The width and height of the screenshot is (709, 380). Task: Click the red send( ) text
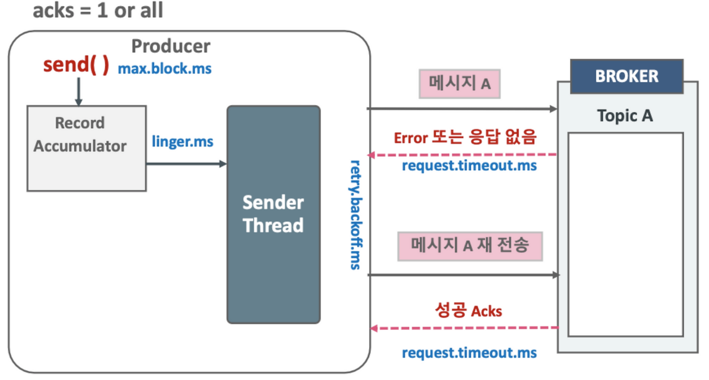point(76,65)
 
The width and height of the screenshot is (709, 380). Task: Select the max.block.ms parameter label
point(165,69)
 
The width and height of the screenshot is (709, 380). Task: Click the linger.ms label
point(183,141)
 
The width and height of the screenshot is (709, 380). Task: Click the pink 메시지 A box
point(459,84)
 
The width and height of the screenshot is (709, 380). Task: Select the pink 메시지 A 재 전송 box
point(470,246)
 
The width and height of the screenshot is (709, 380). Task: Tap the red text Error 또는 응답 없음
point(465,137)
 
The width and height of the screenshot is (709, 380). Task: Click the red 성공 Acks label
point(468,311)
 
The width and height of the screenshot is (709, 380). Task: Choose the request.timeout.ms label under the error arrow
point(469,166)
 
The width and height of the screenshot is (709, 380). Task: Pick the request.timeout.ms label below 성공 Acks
point(469,353)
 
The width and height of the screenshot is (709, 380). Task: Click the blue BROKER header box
point(627,76)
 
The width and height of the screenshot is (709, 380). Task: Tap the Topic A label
point(625,116)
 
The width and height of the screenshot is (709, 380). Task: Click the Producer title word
point(171,46)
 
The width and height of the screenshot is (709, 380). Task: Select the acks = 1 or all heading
point(98,11)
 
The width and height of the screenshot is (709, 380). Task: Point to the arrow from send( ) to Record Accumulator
point(79,91)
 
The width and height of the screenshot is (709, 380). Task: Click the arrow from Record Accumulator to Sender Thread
point(186,164)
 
